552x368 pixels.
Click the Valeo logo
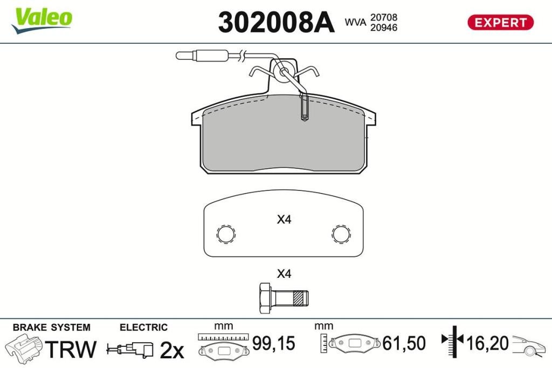(42, 20)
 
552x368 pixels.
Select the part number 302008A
(276, 22)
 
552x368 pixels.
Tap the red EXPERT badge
(500, 23)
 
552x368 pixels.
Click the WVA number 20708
(383, 17)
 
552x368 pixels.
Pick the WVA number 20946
(383, 28)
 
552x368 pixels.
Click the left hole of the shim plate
(226, 234)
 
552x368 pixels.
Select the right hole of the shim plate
(341, 234)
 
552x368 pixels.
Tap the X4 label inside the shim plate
(284, 220)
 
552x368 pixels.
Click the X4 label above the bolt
(284, 274)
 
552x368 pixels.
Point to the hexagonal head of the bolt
(265, 298)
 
